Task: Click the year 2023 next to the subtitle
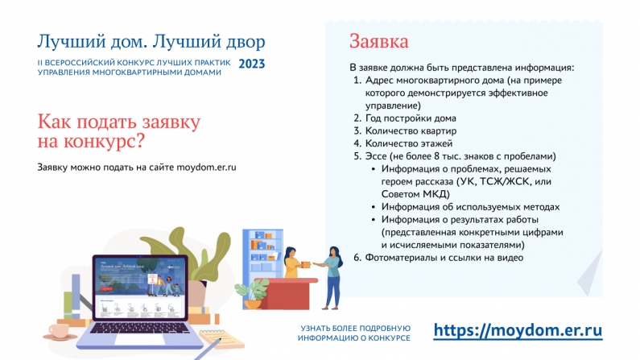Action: tap(251, 64)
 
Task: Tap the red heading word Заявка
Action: tap(379, 42)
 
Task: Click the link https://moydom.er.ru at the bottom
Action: tap(518, 330)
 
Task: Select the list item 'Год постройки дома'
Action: tap(411, 118)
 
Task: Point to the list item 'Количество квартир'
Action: tap(411, 131)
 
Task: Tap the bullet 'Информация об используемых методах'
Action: tap(470, 207)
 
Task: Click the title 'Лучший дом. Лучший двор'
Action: tap(151, 42)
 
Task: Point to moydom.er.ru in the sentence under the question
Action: tap(206, 168)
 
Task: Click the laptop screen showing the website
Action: tap(140, 288)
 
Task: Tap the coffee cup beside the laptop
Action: tap(60, 331)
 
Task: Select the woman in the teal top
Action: tap(332, 278)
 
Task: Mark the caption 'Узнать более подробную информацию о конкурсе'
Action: tap(354, 333)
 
